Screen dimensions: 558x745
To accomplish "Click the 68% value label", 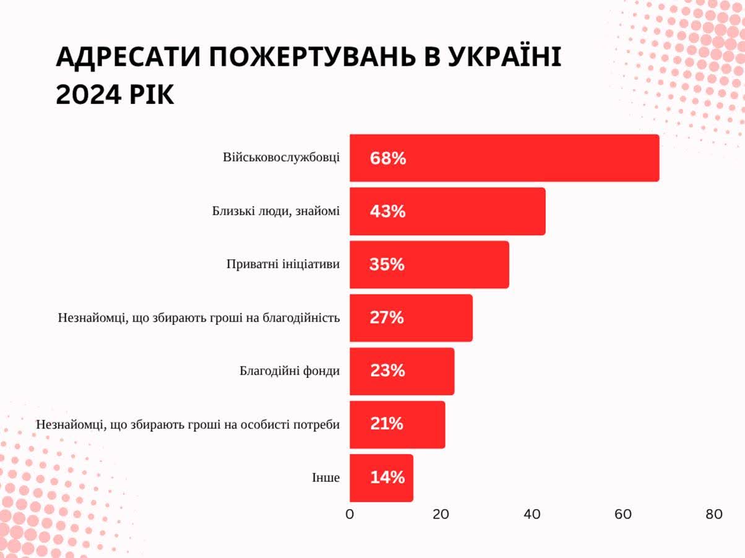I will tap(388, 158).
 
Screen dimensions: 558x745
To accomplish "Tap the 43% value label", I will tap(388, 212).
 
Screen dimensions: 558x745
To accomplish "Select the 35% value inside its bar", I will tap(387, 265).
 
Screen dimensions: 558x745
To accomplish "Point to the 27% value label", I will tap(387, 318).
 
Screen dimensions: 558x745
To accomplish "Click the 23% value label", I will tap(388, 371).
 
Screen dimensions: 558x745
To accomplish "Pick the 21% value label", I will tap(387, 424).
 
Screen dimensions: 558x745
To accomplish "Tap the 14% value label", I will tap(388, 478).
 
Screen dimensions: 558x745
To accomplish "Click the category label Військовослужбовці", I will tap(281, 157).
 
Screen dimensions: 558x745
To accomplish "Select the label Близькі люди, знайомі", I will tap(275, 211).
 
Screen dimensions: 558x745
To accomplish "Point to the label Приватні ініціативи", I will tap(283, 264).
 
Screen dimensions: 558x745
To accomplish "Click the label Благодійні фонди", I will tap(290, 371).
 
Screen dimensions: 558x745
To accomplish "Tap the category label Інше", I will tap(325, 478).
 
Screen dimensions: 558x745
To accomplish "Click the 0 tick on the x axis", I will tap(350, 515).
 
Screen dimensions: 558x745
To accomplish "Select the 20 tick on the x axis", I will tap(441, 515).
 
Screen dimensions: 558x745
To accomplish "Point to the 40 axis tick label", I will tap(532, 515).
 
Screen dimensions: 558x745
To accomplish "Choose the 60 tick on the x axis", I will tap(622, 515).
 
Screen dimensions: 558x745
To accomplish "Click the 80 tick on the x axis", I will tap(713, 515).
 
